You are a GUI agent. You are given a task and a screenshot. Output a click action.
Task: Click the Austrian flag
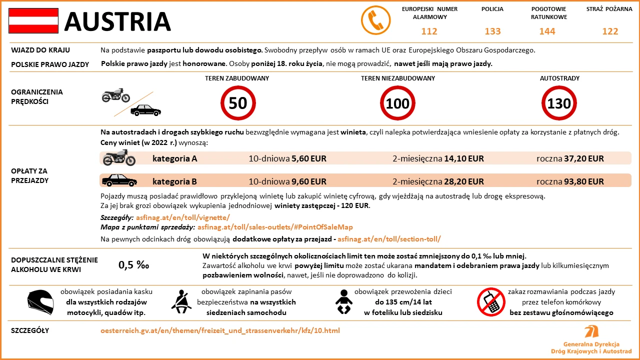[x=33, y=21]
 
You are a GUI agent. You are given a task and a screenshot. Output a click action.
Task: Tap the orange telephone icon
[x=375, y=21]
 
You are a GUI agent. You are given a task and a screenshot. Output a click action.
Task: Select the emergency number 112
[x=429, y=31]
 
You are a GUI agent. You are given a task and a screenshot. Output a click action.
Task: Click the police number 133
[x=492, y=31]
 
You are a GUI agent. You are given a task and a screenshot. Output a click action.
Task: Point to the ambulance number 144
[x=547, y=31]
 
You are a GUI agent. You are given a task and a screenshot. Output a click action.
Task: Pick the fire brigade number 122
[x=610, y=31]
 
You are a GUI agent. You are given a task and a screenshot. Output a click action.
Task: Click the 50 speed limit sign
[x=238, y=103]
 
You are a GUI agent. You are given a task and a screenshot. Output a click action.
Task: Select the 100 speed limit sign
[x=398, y=103]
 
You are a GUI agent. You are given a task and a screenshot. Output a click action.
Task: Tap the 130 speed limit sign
[x=559, y=103]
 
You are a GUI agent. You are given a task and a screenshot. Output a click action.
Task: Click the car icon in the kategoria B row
[x=119, y=180]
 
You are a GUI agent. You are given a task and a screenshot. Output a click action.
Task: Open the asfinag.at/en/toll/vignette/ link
[x=182, y=217]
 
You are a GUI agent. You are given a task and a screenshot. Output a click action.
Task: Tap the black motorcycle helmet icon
[x=40, y=302]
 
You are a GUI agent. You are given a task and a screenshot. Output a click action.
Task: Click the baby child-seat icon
[x=344, y=302]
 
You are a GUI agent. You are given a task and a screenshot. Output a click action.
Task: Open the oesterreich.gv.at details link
[x=220, y=330]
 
